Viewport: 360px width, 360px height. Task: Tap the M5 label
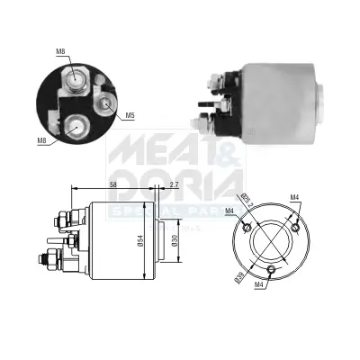click(x=130, y=115)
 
